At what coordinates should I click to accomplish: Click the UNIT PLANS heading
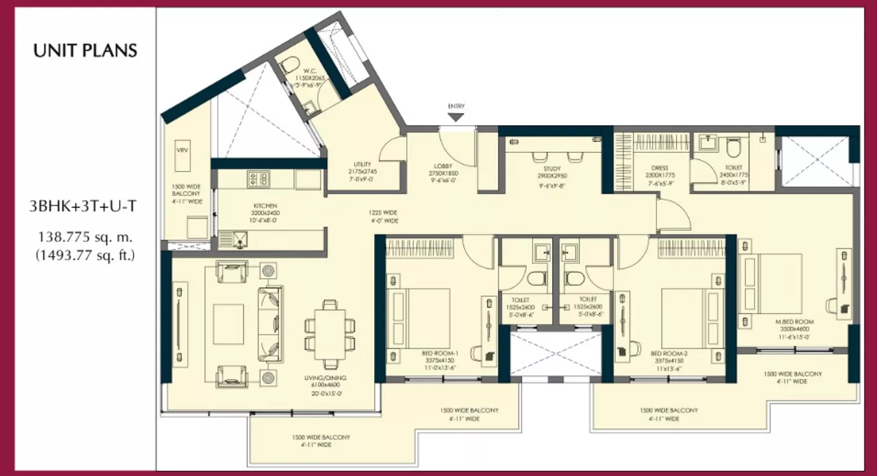(85, 51)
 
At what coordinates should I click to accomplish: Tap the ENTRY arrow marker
(456, 117)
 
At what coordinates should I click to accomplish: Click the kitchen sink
(239, 242)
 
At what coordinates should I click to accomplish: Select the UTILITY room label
(361, 164)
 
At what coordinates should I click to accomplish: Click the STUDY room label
(552, 169)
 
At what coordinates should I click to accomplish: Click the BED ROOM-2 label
(666, 354)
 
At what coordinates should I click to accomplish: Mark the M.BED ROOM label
(795, 321)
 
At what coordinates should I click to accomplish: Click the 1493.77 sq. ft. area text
(85, 255)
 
